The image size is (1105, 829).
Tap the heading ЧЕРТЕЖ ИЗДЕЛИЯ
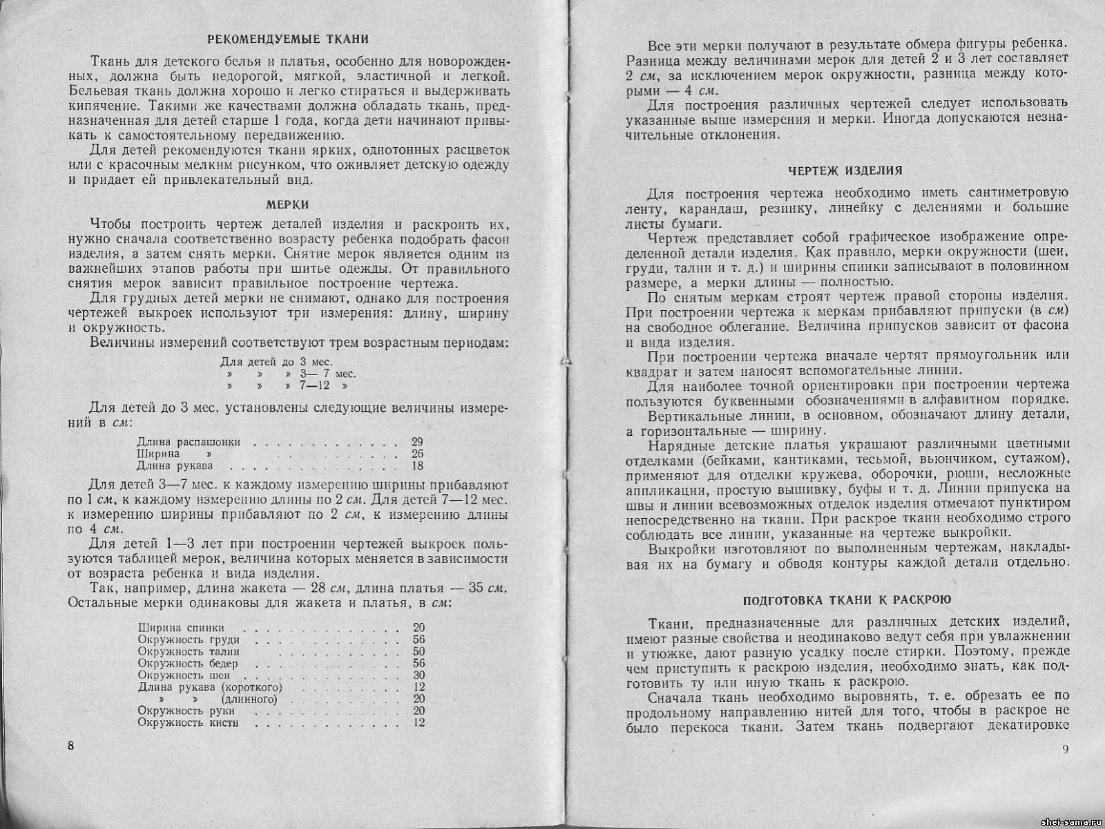click(x=845, y=170)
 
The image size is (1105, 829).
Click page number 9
click(x=1065, y=750)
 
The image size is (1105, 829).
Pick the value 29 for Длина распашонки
click(x=416, y=442)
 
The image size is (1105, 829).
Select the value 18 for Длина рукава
click(x=416, y=466)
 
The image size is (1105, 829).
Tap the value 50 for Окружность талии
click(x=419, y=651)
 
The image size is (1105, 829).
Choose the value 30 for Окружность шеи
click(x=419, y=675)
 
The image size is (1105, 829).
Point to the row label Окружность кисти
click(x=188, y=723)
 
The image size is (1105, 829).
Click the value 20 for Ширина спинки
click(x=419, y=628)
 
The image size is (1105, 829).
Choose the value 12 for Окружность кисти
click(x=419, y=723)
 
